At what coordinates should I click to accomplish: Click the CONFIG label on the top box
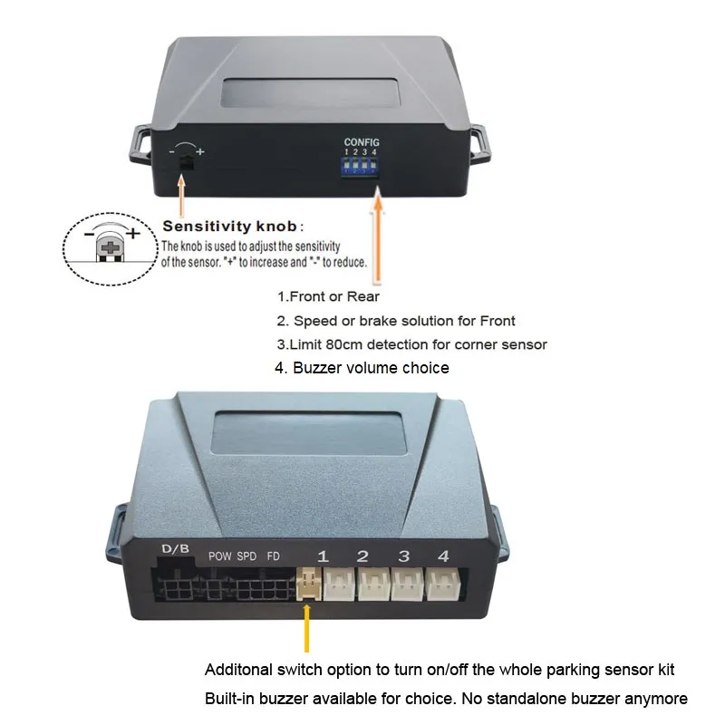pyautogui.click(x=362, y=142)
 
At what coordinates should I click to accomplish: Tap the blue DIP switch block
pyautogui.click(x=360, y=167)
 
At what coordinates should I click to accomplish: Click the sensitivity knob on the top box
pyautogui.click(x=186, y=162)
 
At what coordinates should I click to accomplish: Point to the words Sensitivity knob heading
pyautogui.click(x=229, y=226)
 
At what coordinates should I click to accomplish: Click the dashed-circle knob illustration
pyautogui.click(x=110, y=248)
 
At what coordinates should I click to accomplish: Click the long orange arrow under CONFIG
pyautogui.click(x=378, y=235)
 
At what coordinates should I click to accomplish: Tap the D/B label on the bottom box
pyautogui.click(x=175, y=549)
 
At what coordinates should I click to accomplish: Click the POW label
pyautogui.click(x=219, y=556)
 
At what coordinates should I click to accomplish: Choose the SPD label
pyautogui.click(x=246, y=556)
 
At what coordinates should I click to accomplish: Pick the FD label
pyautogui.click(x=274, y=556)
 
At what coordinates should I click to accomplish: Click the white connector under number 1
pyautogui.click(x=339, y=584)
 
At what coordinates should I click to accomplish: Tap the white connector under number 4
pyautogui.click(x=443, y=584)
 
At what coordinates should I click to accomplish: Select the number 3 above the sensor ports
pyautogui.click(x=403, y=556)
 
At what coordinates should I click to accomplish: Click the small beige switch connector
pyautogui.click(x=309, y=584)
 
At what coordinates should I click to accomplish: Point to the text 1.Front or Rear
pyautogui.click(x=328, y=296)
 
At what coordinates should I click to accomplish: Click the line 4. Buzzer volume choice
pyautogui.click(x=362, y=368)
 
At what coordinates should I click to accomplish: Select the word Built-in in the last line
pyautogui.click(x=230, y=698)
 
